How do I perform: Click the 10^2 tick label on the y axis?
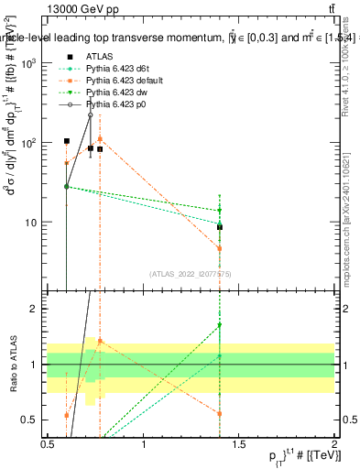(29, 143)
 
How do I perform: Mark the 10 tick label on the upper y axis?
(32, 223)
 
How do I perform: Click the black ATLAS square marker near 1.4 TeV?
(220, 227)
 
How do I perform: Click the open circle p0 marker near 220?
(90, 115)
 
